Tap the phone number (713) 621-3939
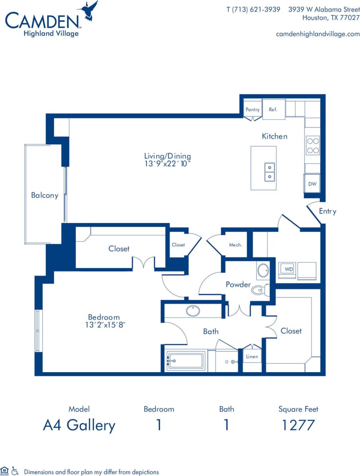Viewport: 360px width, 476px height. [253, 9]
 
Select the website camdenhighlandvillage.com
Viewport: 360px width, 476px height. [317, 34]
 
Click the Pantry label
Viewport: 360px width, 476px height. [253, 109]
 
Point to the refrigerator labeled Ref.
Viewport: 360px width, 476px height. [273, 109]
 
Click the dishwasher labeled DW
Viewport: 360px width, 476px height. [312, 184]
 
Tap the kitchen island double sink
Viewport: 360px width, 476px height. [270, 171]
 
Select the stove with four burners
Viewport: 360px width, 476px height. [312, 145]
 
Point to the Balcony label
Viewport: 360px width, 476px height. [45, 195]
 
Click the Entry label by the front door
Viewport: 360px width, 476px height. [327, 211]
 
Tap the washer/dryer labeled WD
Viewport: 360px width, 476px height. [289, 269]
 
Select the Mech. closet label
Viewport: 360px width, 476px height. [235, 245]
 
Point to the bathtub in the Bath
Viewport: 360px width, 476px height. [185, 360]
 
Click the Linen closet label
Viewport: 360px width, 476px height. [252, 357]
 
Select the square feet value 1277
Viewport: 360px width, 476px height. [298, 425]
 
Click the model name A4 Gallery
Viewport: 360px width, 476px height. [79, 425]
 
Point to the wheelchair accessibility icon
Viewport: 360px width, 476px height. [15, 471]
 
